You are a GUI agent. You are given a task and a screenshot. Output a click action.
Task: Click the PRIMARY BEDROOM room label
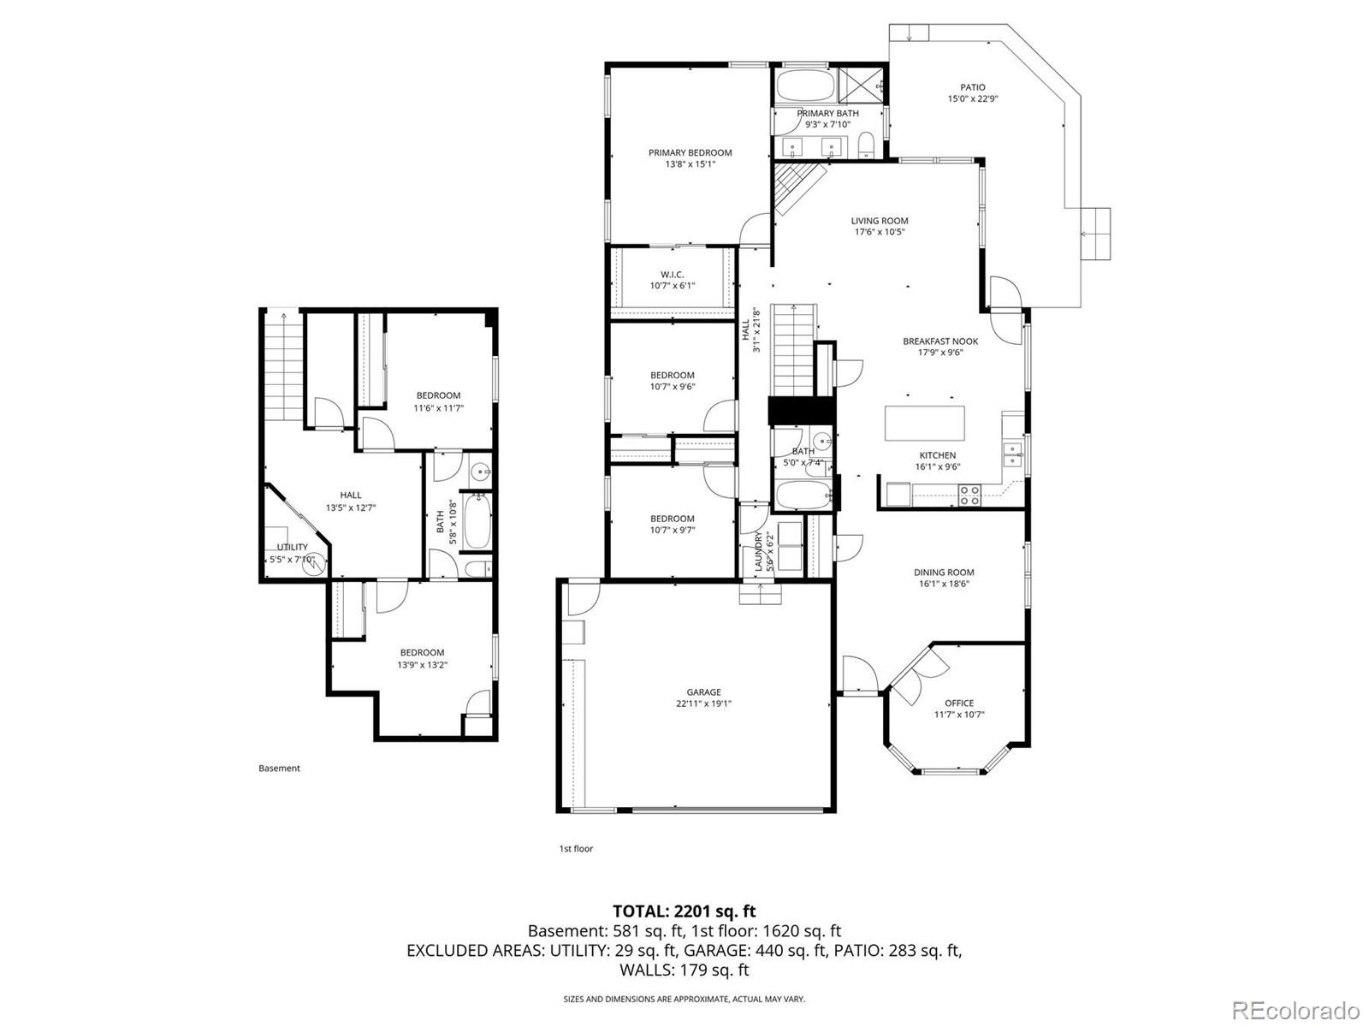click(690, 153)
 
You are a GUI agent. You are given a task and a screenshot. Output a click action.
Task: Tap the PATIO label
click(972, 87)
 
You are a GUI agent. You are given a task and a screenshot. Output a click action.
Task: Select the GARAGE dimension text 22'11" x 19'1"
click(703, 704)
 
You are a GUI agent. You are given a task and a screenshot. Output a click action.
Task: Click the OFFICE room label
click(958, 703)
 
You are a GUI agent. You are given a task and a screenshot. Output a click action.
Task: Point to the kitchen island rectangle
click(924, 423)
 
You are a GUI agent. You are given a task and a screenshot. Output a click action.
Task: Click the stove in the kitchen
click(969, 495)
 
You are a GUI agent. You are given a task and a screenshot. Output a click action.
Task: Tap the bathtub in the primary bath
click(805, 86)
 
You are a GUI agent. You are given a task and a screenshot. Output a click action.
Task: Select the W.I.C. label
click(672, 275)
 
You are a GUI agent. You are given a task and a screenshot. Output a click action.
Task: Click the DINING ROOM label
click(944, 573)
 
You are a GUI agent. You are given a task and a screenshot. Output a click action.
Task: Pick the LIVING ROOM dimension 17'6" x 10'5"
click(880, 232)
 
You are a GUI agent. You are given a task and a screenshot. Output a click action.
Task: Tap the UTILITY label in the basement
click(292, 548)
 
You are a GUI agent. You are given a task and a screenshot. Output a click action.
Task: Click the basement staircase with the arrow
click(283, 366)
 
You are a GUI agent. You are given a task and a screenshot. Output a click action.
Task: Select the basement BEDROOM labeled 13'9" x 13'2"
click(422, 653)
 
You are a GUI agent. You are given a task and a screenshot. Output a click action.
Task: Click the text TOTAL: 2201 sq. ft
click(684, 911)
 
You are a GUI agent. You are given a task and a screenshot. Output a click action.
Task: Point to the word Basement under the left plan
click(279, 769)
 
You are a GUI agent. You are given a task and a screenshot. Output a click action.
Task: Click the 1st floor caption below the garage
click(576, 849)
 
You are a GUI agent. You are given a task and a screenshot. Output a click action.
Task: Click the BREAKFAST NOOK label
click(939, 341)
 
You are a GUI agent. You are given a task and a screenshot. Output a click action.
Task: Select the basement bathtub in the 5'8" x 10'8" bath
click(477, 519)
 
